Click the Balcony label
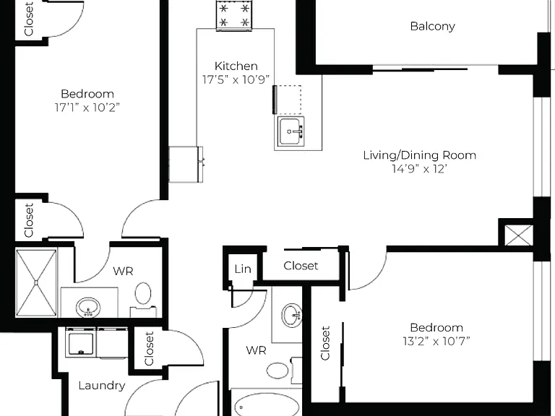432,27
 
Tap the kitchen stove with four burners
234,15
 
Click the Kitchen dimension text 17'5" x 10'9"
236,79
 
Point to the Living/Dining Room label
419,155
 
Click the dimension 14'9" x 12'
419,169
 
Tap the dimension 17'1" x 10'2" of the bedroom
87,107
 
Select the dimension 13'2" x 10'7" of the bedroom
436,341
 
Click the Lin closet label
243,269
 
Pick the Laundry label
102,385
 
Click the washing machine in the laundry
81,342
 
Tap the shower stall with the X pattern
36,282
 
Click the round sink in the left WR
88,307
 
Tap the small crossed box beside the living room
519,235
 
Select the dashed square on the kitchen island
288,100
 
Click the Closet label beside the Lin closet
301,266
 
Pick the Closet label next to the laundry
149,348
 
